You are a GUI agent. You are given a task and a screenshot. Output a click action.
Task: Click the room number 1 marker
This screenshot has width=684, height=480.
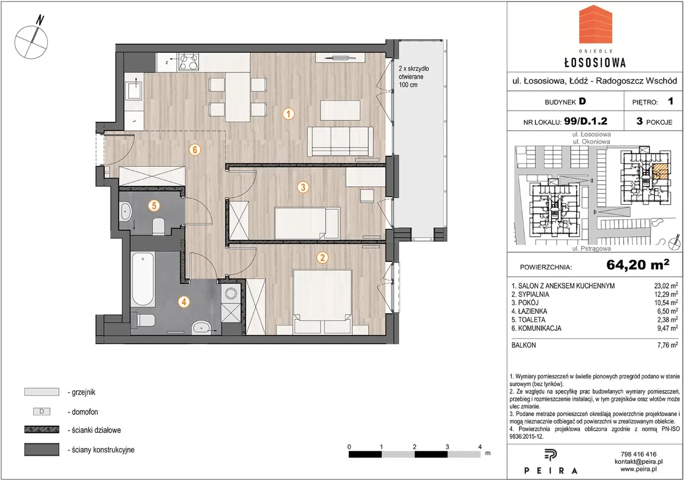288,114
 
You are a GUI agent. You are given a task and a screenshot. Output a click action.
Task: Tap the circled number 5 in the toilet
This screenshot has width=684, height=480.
154,205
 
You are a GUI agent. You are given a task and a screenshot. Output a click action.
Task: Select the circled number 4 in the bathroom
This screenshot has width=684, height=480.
184,302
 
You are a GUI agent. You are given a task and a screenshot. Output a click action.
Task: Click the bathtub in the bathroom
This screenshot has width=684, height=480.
143,279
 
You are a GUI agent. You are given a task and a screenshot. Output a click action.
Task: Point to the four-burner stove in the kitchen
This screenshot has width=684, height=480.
189,62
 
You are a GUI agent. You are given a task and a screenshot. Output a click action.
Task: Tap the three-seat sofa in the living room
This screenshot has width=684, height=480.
340,141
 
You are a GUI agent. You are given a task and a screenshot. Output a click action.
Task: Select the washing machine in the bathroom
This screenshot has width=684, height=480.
231,294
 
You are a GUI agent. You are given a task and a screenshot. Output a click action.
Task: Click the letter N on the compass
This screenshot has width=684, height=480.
40,20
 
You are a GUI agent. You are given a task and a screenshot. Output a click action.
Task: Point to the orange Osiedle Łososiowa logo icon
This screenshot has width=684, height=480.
595,28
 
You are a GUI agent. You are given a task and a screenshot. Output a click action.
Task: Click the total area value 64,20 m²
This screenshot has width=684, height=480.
638,265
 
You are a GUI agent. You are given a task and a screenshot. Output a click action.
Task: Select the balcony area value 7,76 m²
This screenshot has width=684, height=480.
667,345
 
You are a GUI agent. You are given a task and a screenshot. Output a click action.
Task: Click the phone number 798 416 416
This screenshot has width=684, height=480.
639,454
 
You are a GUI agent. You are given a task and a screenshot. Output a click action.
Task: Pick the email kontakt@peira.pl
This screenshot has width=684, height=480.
639,462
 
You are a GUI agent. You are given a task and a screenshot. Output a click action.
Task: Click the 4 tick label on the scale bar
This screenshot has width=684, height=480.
480,447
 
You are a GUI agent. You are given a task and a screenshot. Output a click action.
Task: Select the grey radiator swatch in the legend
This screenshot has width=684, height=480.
42,392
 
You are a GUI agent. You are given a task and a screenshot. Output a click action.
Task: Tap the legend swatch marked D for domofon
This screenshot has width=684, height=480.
42,412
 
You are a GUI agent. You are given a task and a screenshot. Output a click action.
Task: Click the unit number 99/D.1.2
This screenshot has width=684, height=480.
586,121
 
